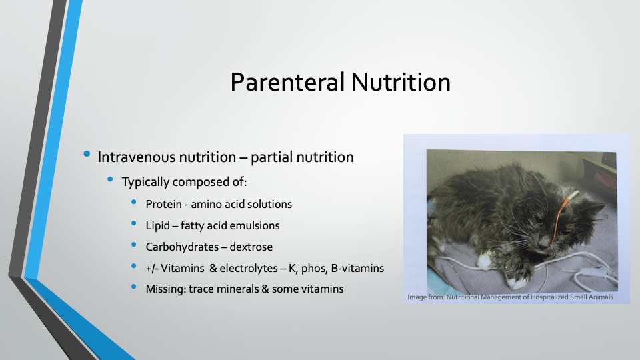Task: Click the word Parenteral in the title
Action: tap(287, 82)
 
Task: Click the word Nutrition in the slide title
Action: tap(401, 82)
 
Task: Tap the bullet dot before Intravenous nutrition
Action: tap(87, 154)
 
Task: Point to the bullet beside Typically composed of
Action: tap(110, 179)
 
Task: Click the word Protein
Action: tap(163, 204)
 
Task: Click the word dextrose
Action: tap(251, 247)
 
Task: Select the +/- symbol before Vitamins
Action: tap(151, 268)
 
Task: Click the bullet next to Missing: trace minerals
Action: tap(134, 287)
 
